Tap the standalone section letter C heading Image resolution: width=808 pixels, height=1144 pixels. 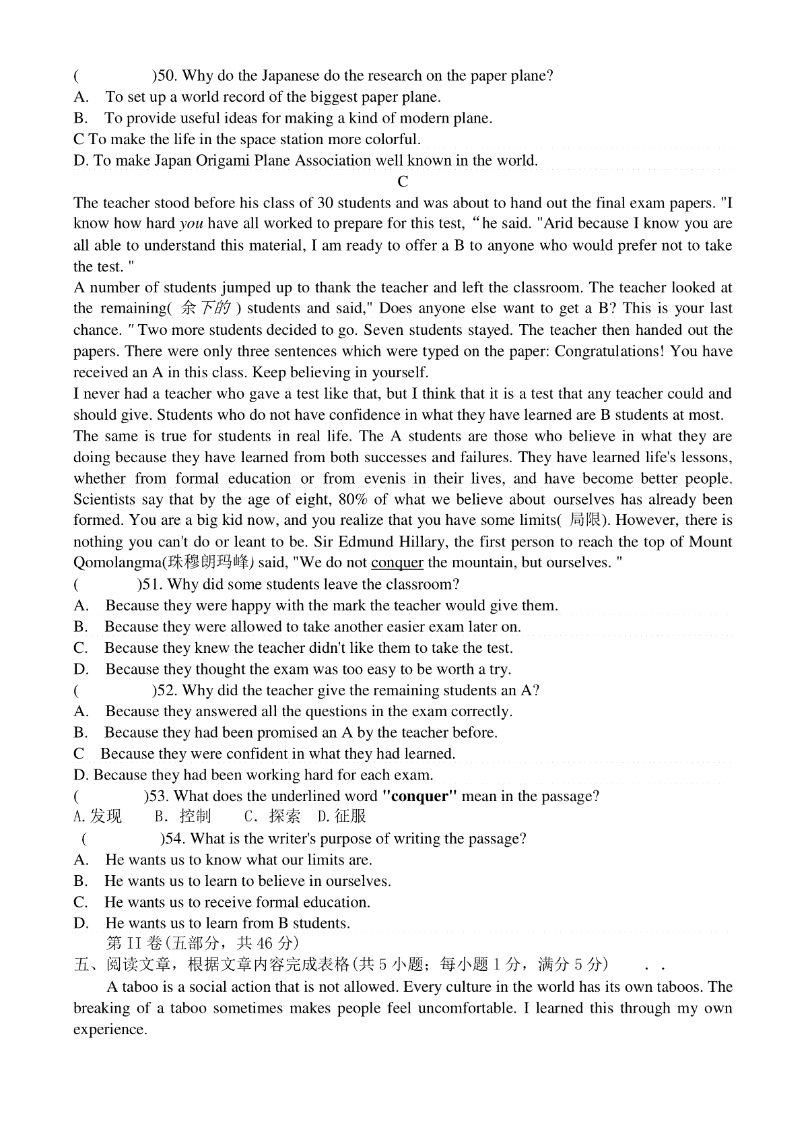403,182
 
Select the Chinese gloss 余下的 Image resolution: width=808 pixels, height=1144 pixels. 207,309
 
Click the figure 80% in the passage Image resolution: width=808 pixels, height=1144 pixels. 354,499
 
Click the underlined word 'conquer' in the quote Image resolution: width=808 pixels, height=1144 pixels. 397,563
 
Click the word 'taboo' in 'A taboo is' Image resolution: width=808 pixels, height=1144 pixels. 139,987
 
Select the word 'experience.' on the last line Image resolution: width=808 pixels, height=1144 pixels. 110,1029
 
